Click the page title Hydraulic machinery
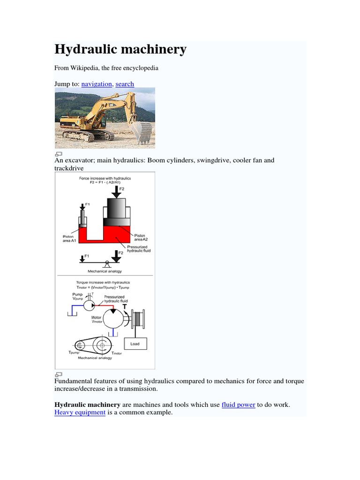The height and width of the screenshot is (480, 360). [120, 49]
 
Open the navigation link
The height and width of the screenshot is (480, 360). [97, 84]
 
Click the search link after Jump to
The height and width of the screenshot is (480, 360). [125, 84]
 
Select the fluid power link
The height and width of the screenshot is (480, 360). [238, 405]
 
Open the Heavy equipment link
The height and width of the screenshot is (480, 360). [80, 413]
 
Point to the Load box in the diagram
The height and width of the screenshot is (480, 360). [135, 344]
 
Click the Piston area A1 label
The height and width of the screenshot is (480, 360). [68, 238]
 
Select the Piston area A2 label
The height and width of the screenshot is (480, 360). [140, 238]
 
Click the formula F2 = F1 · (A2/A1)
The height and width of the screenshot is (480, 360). [105, 183]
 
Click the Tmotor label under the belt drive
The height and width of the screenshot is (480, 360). [116, 353]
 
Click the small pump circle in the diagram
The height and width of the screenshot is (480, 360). [89, 305]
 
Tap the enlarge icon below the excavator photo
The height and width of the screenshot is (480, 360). [59, 153]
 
